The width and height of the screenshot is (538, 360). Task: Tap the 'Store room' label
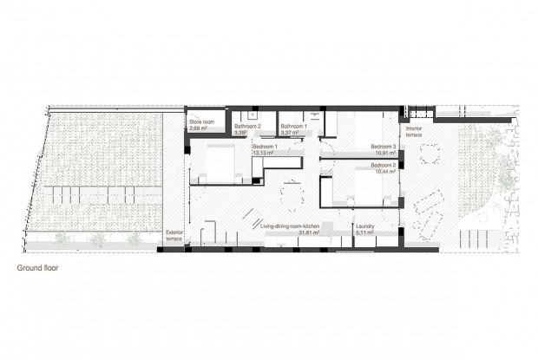201,122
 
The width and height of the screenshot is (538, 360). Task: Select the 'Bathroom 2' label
247,128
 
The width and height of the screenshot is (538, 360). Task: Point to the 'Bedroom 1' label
265,147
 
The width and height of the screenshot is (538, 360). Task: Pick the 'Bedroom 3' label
383,147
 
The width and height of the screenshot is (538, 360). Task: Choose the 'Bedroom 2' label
383,165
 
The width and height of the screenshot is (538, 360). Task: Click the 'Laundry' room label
364,226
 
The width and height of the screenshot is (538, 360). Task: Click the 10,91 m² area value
384,153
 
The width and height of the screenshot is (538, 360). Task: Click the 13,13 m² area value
264,154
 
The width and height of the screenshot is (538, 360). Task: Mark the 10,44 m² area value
384,171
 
